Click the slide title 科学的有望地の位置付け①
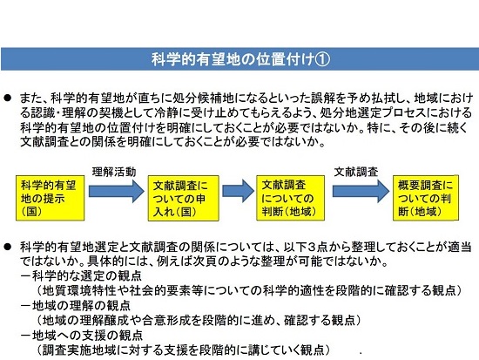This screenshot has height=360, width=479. [240, 59]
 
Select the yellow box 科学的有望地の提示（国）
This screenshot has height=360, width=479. [51, 198]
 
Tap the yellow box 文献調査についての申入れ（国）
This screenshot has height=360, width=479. [183, 198]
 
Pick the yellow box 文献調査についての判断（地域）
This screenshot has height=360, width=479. [290, 198]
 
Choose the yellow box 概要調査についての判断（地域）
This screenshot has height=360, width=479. [426, 198]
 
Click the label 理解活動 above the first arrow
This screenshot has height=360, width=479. [114, 172]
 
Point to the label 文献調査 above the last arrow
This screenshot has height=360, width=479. [356, 172]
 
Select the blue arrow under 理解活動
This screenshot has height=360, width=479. [117, 191]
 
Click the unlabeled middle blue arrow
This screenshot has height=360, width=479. [238, 191]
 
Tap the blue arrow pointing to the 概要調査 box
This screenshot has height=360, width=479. [361, 191]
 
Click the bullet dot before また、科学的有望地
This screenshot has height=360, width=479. [7, 98]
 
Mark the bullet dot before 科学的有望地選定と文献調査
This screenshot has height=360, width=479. [7, 247]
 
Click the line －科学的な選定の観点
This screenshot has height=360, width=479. [81, 276]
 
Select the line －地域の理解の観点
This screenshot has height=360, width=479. [76, 306]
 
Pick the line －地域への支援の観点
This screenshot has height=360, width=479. [81, 336]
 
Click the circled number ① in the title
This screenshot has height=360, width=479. [322, 59]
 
